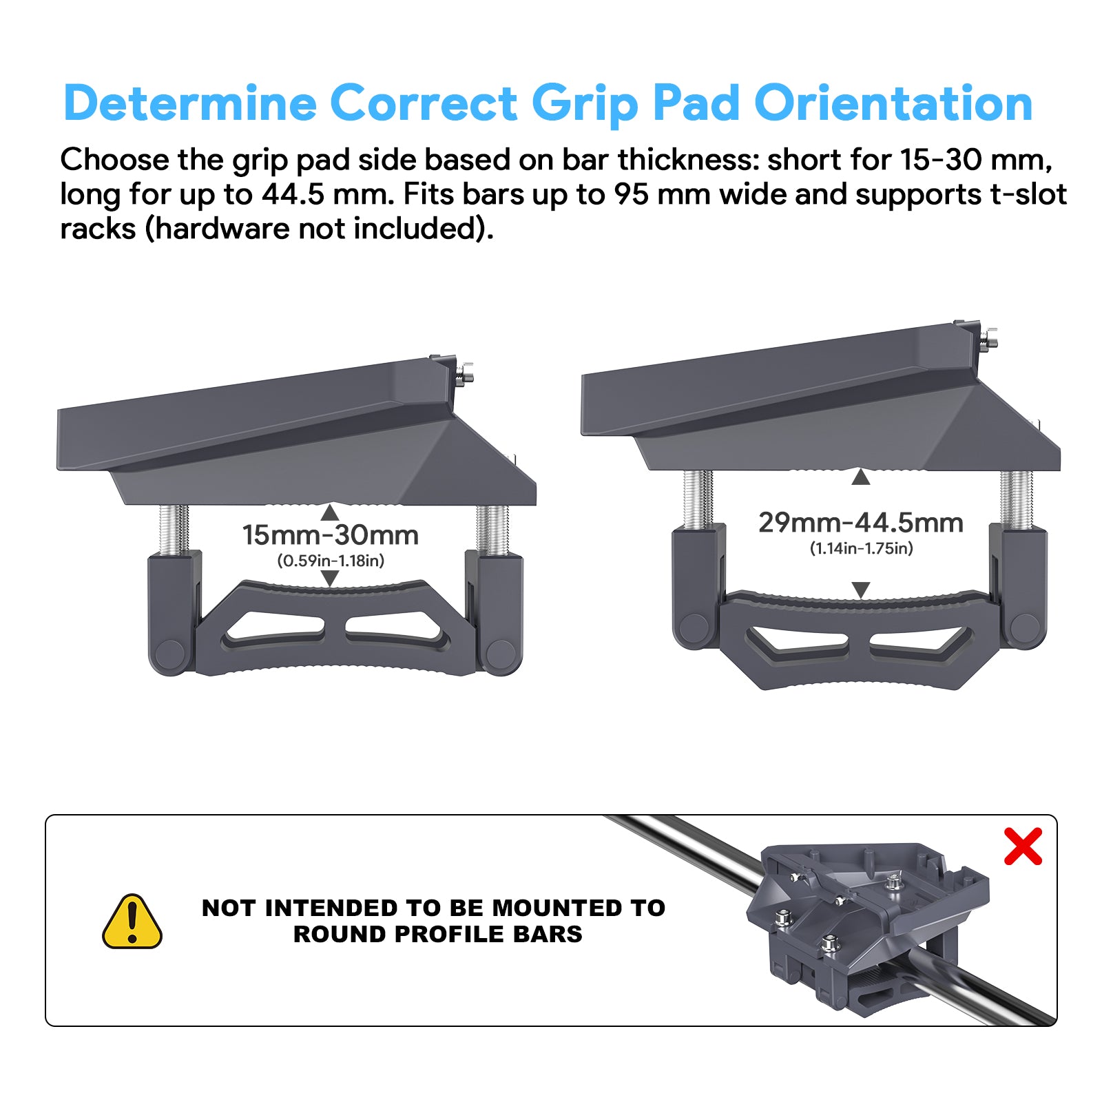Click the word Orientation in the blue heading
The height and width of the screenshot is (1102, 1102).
point(893,103)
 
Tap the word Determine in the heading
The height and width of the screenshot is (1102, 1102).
point(190,103)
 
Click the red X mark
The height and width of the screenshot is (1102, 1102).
point(1023,846)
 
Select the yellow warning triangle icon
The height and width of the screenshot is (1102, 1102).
point(132,922)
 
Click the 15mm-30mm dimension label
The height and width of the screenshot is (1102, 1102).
point(330,535)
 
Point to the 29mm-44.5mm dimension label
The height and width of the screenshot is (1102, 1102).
point(860,523)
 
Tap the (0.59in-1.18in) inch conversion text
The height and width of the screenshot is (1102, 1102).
point(331,561)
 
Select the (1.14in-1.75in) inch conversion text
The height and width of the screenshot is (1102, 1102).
point(861,548)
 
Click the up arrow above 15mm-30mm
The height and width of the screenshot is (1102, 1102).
point(330,512)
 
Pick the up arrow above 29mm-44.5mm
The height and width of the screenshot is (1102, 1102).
point(860,477)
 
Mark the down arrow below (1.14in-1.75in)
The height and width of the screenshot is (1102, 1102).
point(861,590)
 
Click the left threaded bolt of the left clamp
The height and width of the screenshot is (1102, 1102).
point(174,529)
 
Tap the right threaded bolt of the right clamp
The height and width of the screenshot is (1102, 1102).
point(1016,499)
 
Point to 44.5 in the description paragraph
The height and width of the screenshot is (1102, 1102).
point(293,194)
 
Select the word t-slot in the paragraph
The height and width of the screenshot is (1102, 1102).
point(1029,194)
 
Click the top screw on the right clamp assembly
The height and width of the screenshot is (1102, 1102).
point(988,338)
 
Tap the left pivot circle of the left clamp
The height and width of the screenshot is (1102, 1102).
point(169,653)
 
